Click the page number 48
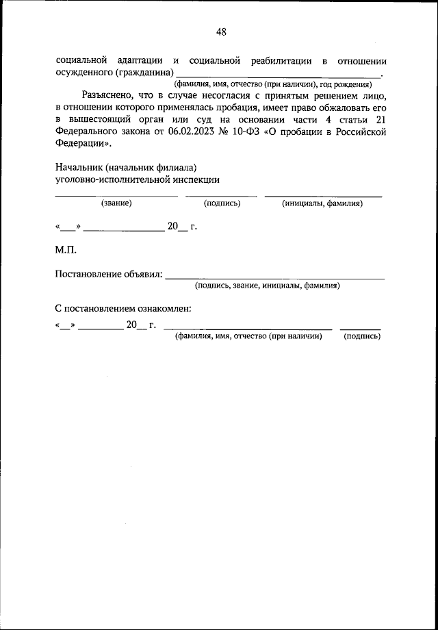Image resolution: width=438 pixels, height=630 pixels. [x=220, y=32]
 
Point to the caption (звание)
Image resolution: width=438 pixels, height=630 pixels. [x=116, y=203]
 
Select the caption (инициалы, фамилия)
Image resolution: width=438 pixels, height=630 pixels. [x=322, y=203]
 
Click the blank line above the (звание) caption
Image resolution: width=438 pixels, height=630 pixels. [x=116, y=196]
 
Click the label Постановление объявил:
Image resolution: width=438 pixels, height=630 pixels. [x=109, y=275]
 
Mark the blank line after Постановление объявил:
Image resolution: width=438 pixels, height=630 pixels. [x=275, y=278]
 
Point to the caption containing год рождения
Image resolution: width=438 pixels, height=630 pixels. [x=272, y=84]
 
